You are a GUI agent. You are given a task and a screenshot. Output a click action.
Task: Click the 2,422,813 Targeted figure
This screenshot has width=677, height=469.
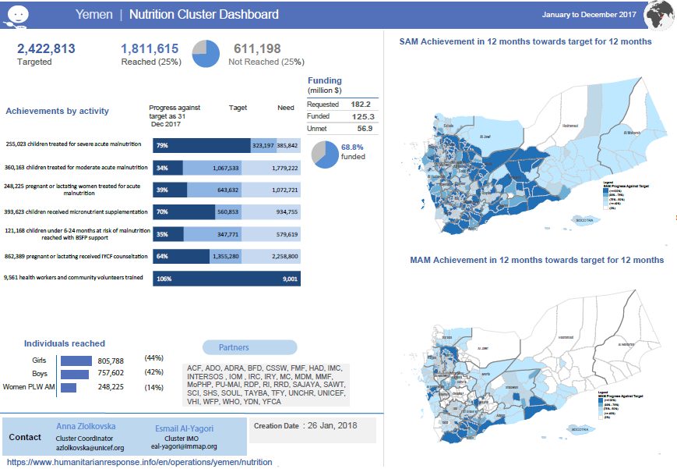[x=46, y=48]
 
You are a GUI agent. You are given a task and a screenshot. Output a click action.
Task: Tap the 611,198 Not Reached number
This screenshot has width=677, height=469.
[x=257, y=48]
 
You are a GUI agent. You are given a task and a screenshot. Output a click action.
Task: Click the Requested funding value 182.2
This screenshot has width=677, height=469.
[x=360, y=104]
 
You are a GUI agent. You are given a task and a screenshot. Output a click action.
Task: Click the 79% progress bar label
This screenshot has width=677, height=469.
[x=162, y=145]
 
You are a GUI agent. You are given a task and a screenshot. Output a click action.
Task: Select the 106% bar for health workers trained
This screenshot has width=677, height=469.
[x=226, y=278]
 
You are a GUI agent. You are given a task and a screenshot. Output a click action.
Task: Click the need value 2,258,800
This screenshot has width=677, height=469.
[x=282, y=255]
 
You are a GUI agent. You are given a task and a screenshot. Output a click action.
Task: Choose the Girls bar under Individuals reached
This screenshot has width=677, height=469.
[x=76, y=361]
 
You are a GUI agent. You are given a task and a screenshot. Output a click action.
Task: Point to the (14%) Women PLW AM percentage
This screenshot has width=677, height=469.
[x=153, y=387]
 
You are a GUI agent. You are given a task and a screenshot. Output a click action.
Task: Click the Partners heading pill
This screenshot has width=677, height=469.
[x=249, y=347]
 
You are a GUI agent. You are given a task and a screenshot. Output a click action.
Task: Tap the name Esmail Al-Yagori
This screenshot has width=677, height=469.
[x=184, y=428]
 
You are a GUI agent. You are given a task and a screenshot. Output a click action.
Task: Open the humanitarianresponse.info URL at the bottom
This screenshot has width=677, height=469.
[x=140, y=462]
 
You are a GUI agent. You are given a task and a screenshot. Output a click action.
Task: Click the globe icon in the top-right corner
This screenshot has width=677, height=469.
[x=660, y=14]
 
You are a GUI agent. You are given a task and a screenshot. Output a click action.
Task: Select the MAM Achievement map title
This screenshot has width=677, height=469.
[x=537, y=259]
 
